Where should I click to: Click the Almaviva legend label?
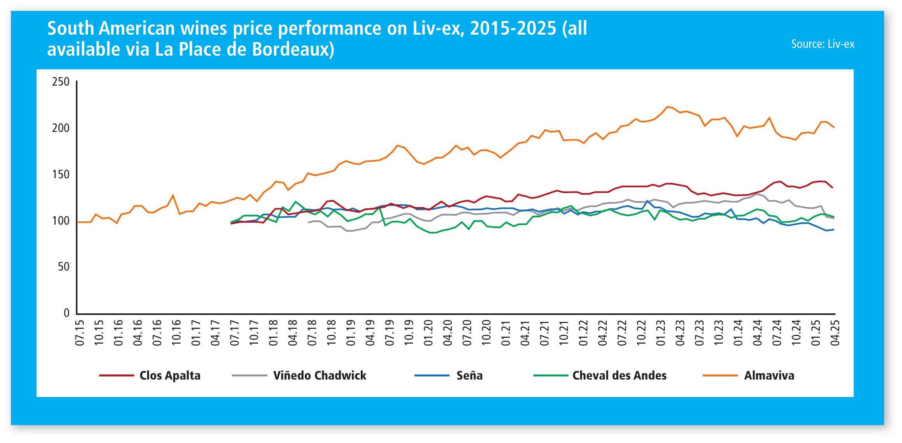(x=769, y=376)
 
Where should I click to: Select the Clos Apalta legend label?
(x=170, y=376)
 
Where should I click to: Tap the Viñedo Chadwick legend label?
(x=319, y=376)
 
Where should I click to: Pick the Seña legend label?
(x=469, y=376)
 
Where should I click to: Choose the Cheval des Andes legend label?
(x=619, y=376)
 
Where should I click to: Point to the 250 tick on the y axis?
(x=61, y=82)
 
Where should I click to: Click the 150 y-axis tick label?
(x=61, y=174)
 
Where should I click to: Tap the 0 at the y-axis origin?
(x=67, y=313)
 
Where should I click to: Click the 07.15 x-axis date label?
(x=80, y=333)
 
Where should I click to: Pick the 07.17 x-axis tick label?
(x=235, y=333)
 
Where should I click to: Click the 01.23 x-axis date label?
(x=660, y=333)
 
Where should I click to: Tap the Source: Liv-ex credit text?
(x=823, y=44)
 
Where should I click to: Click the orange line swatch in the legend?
(x=720, y=376)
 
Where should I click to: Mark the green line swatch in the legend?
(x=551, y=376)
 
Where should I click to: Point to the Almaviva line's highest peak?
(x=667, y=106)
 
